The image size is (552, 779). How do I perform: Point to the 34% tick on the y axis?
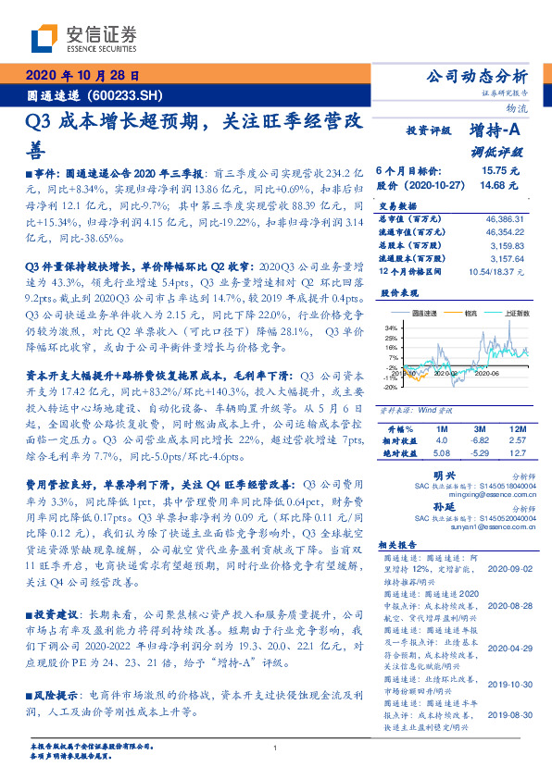coord(392,328)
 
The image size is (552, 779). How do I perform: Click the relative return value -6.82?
coord(480,442)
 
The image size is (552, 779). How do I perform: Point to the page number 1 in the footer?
coord(275,748)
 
